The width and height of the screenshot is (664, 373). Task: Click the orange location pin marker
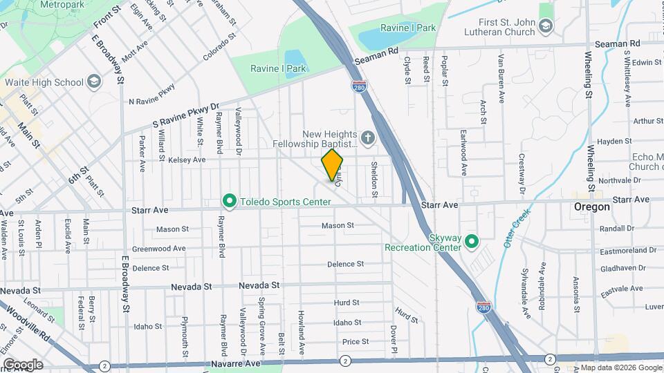[x=333, y=165]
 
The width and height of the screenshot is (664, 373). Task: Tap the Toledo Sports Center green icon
[x=230, y=201]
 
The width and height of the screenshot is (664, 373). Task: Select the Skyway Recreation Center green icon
[x=472, y=241]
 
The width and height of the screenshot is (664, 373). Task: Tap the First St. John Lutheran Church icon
[x=546, y=26]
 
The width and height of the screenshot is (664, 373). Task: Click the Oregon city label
[x=592, y=207]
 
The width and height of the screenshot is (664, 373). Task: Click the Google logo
[x=23, y=364]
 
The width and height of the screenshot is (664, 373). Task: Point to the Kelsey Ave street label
[x=187, y=160]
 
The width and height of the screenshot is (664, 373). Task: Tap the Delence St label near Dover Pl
[x=346, y=264]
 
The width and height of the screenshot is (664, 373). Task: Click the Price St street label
[x=356, y=341]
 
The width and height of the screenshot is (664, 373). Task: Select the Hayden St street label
[x=611, y=142]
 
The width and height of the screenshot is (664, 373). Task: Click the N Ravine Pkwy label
[x=152, y=95]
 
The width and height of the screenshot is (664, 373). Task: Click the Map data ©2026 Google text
[x=621, y=367]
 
